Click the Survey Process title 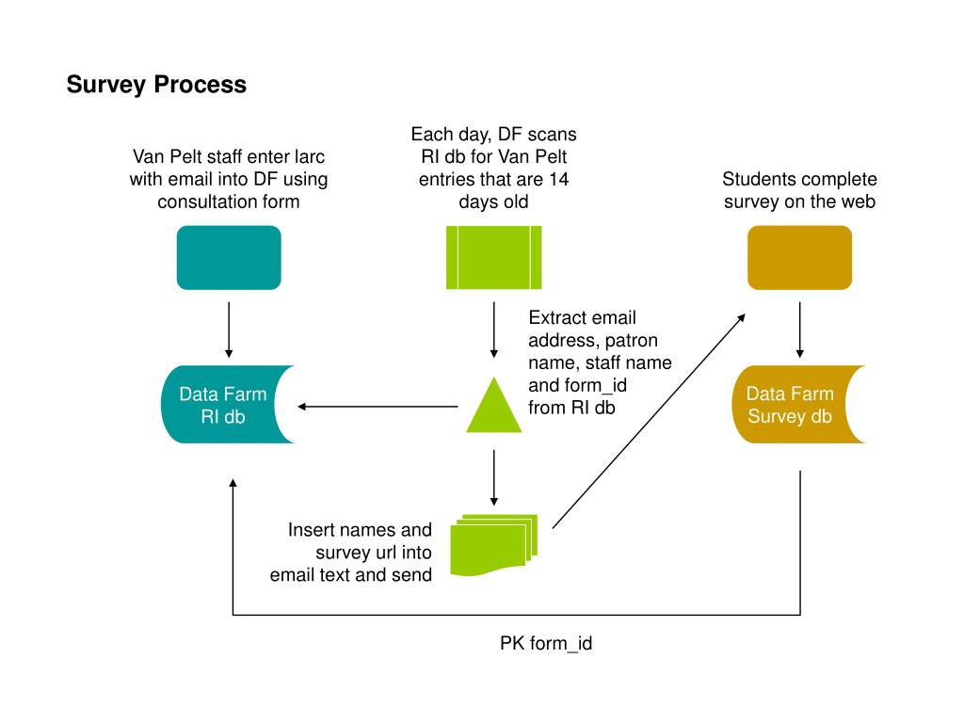coord(156,85)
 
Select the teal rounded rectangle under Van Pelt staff coord(229,258)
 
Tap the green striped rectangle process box coord(493,258)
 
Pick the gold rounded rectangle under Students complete coord(799,258)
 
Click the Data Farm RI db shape coord(221,405)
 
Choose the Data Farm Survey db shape coord(792,405)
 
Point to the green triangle coord(493,407)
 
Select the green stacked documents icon coord(493,545)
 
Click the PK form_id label coord(546,644)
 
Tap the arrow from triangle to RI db coord(378,407)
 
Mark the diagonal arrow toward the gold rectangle coord(649,421)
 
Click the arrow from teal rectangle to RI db coord(229,329)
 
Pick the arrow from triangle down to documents coord(493,477)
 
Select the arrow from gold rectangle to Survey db coord(800,329)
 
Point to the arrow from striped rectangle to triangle coord(493,329)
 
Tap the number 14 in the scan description coord(559,180)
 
